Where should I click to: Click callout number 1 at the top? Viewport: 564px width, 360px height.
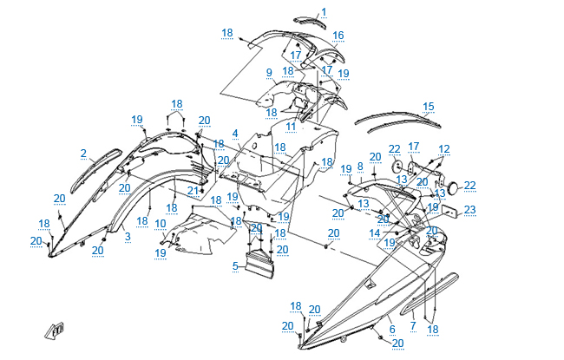(x=324, y=12)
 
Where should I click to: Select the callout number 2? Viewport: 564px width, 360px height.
(x=83, y=154)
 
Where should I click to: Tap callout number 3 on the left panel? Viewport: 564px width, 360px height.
(x=128, y=235)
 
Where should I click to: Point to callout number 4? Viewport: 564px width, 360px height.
(x=234, y=134)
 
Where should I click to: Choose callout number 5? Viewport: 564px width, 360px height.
(x=234, y=266)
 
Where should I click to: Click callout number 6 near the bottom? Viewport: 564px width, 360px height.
(x=391, y=329)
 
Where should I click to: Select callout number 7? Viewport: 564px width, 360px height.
(x=412, y=326)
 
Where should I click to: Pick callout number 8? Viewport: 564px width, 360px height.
(x=360, y=166)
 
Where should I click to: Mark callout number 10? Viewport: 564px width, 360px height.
(x=161, y=223)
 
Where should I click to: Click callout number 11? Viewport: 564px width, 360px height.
(x=291, y=127)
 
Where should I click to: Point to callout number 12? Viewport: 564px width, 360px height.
(x=444, y=149)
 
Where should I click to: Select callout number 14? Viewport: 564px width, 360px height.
(x=375, y=233)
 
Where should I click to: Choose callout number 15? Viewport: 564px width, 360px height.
(x=428, y=107)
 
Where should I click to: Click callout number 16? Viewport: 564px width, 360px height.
(x=338, y=36)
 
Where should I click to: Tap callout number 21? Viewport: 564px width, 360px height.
(x=192, y=189)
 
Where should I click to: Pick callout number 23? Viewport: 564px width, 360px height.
(x=469, y=209)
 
